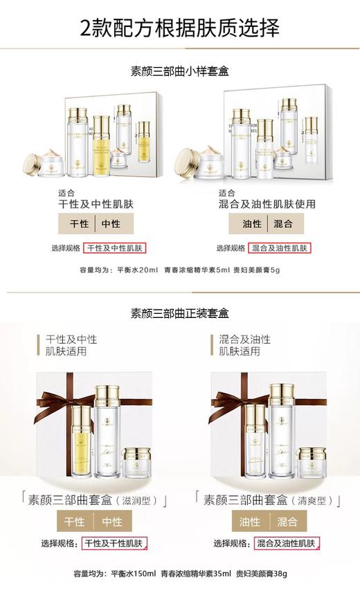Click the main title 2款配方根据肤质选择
[180, 28]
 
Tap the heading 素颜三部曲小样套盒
[180, 71]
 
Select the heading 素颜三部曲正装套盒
[180, 312]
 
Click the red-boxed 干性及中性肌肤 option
[116, 248]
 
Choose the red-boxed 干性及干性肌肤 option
[115, 544]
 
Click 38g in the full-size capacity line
[278, 574]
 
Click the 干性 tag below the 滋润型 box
[74, 522]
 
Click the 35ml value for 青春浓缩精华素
[222, 574]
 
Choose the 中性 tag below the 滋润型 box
[111, 522]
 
